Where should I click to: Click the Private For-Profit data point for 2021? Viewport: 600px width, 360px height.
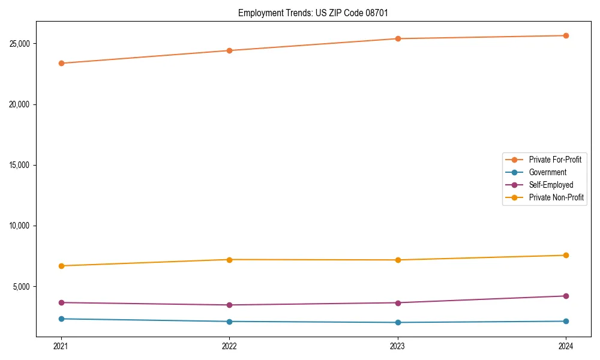[x=61, y=63]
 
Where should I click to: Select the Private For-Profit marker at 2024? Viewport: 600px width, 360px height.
[x=566, y=35]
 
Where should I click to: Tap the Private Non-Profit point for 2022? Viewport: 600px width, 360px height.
[x=229, y=259]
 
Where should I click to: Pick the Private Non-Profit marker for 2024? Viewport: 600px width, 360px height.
[x=566, y=255]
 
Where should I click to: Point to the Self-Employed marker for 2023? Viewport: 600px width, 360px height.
[x=398, y=302]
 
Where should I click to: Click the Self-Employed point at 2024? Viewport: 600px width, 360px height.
[x=566, y=296]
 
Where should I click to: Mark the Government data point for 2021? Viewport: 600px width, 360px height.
[x=61, y=319]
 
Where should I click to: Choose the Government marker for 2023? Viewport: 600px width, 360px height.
[x=398, y=322]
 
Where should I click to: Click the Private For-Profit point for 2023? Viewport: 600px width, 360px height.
[x=398, y=38]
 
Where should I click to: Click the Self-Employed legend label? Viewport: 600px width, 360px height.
[x=551, y=185]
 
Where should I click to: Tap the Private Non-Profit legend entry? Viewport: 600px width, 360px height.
[x=556, y=197]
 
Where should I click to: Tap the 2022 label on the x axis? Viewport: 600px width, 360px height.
[x=229, y=346]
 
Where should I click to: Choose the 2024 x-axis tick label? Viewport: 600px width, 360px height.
[x=566, y=346]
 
